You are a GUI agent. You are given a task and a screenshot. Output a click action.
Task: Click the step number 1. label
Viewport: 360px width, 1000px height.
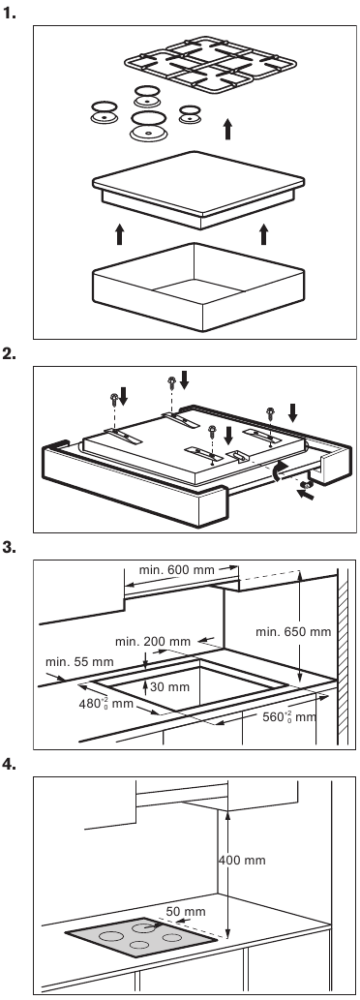10,13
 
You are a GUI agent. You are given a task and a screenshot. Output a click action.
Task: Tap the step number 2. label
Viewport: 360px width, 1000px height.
10,353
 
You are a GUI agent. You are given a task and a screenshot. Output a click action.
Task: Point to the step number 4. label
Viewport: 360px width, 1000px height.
10,764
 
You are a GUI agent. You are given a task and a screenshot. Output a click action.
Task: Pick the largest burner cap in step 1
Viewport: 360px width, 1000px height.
148,125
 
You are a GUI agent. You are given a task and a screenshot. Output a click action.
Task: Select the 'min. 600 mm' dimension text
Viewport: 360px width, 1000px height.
177,569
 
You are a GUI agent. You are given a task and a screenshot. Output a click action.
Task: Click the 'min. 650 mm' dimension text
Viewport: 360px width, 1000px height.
293,632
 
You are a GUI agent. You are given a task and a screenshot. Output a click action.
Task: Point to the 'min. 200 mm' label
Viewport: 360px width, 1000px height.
153,641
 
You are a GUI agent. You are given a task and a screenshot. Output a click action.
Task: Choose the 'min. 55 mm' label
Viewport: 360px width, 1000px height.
79,661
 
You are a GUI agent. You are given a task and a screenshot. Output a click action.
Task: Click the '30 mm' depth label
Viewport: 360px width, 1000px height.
170,687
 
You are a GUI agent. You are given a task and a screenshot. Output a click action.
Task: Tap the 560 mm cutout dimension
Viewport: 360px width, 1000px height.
289,716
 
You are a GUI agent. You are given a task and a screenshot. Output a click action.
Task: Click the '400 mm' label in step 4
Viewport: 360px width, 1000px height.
242,861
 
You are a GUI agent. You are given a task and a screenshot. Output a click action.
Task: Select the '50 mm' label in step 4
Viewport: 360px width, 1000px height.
186,911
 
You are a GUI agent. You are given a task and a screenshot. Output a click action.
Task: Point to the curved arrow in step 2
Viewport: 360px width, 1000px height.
276,472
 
